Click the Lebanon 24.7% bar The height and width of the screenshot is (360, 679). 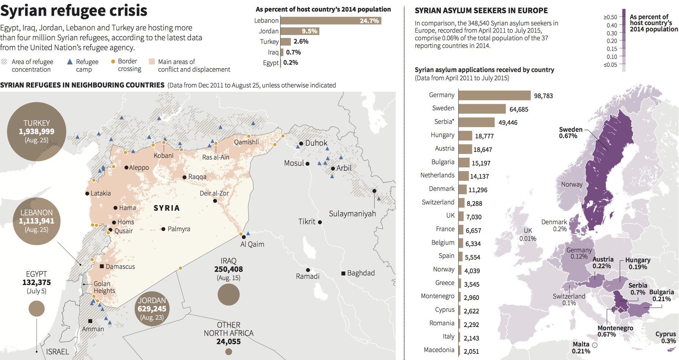[x=331, y=21]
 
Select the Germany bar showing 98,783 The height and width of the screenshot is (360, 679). [x=494, y=95]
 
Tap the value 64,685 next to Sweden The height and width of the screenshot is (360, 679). [x=519, y=109]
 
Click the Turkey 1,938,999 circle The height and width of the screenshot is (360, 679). [x=37, y=131]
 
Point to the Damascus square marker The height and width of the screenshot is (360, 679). [x=102, y=266]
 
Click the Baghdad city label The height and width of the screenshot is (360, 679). [x=361, y=273]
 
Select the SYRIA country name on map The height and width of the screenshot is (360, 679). [x=166, y=208]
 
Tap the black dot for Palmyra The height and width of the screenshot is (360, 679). [x=163, y=229]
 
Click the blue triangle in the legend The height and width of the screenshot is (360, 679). [x=70, y=62]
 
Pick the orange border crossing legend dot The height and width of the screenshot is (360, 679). [x=113, y=61]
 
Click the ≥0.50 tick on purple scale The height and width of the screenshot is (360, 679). [x=610, y=17]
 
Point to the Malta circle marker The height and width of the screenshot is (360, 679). [x=595, y=345]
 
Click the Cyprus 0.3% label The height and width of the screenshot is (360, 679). [x=665, y=337]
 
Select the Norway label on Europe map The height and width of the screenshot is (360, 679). [x=571, y=184]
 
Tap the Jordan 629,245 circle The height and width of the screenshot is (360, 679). [x=152, y=309]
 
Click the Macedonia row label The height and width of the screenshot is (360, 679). [x=439, y=350]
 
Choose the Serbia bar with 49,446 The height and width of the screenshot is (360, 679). [x=476, y=123]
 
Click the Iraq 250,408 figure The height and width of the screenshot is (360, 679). [x=228, y=269]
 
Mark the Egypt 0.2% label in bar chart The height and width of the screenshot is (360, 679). [x=290, y=63]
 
